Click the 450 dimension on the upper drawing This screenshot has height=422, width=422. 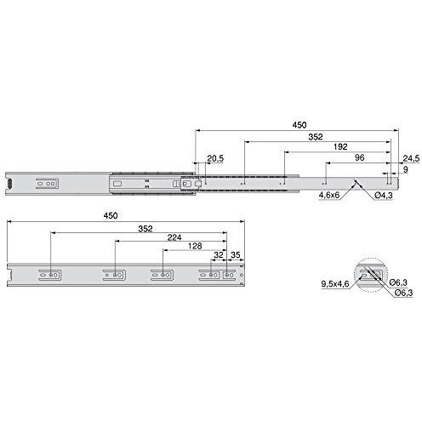[299, 125]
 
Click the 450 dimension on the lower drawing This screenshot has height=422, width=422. [111, 216]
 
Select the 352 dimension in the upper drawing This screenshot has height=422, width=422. [316, 137]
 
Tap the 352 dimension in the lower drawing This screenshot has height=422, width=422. [145, 229]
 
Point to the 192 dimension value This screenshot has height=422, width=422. [340, 146]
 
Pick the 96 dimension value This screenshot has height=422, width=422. [359, 157]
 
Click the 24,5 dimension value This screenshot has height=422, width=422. [411, 158]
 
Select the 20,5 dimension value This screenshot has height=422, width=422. [215, 158]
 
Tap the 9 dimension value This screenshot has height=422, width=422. [406, 169]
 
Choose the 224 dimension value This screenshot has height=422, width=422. [174, 237]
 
